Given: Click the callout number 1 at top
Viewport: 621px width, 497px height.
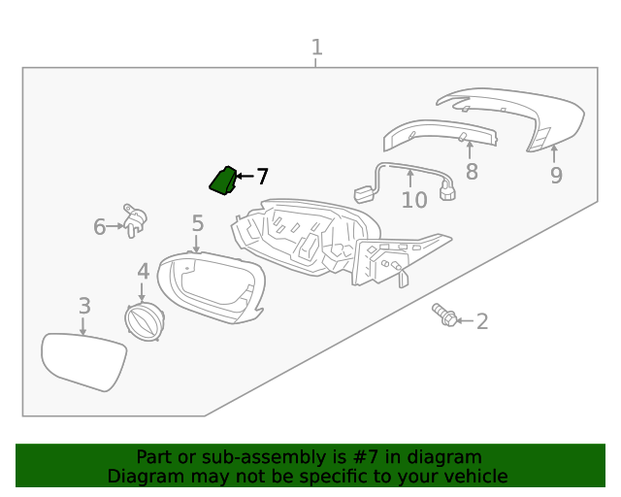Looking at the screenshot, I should pos(316,47).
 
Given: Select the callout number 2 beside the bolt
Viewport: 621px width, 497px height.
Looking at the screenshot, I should pos(481,321).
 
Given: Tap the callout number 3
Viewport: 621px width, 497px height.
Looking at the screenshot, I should pos(84,306).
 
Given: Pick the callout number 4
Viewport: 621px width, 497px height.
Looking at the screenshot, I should pos(143,272).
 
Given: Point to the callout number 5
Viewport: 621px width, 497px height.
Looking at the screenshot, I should pos(197,224).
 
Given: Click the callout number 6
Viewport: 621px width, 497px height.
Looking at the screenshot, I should pos(99,227).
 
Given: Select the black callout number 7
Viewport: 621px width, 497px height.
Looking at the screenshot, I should pos(262,177).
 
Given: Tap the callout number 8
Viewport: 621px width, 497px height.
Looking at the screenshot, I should pos(472,172).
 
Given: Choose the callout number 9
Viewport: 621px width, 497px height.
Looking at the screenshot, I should pos(556,175).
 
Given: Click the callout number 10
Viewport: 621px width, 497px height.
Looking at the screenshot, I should pos(413,200).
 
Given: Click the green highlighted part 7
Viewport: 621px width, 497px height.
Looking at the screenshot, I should pos(223,180).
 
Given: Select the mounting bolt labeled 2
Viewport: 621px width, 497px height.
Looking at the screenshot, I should pos(444,315).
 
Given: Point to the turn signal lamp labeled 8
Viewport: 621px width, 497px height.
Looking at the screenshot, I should pos(441,134).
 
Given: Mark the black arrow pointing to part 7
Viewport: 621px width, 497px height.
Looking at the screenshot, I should pos(244,177).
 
